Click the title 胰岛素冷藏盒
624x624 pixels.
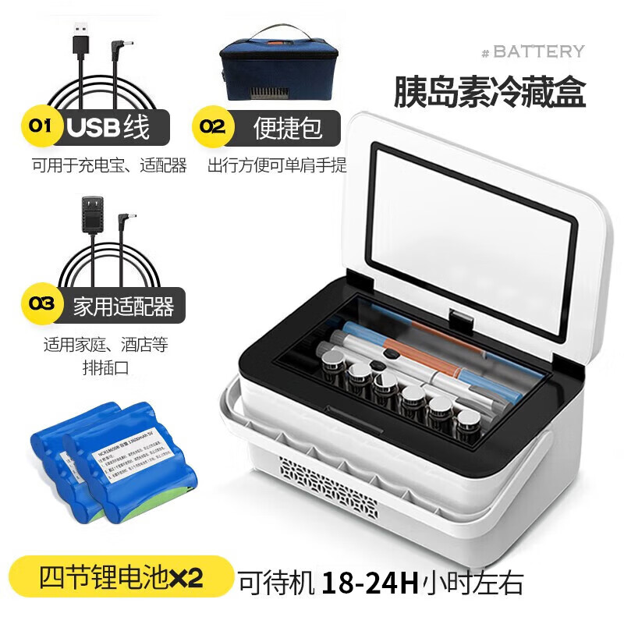(x=490, y=91)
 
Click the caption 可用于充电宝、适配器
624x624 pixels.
(x=108, y=166)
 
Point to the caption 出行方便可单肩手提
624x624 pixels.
(x=277, y=166)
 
